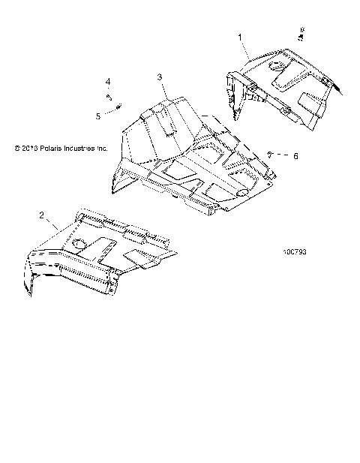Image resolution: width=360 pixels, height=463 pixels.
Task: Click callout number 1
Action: pos(240,36)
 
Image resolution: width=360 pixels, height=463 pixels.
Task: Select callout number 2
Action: pos(40,215)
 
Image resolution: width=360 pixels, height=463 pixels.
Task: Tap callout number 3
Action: pos(160,77)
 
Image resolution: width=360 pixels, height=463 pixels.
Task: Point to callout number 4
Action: pos(107,80)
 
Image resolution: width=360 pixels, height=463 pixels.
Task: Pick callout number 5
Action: pos(97,116)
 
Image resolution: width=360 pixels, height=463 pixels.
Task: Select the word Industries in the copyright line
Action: pos(83,149)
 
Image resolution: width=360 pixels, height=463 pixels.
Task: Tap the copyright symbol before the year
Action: pos(16,149)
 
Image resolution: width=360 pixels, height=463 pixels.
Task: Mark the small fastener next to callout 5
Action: pos(118,110)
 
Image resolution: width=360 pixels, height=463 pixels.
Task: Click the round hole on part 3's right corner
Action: pos(244,193)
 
